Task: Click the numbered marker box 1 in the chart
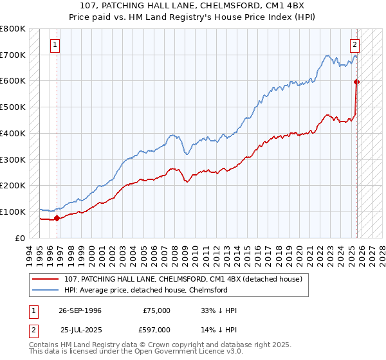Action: point(55,45)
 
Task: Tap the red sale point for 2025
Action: point(357,82)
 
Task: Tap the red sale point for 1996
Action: point(57,218)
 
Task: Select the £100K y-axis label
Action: point(13,212)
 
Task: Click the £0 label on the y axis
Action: point(21,238)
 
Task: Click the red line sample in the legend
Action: point(46,279)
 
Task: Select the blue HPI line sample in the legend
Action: point(46,290)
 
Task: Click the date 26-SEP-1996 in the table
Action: point(80,310)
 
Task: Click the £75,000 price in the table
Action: point(156,310)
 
